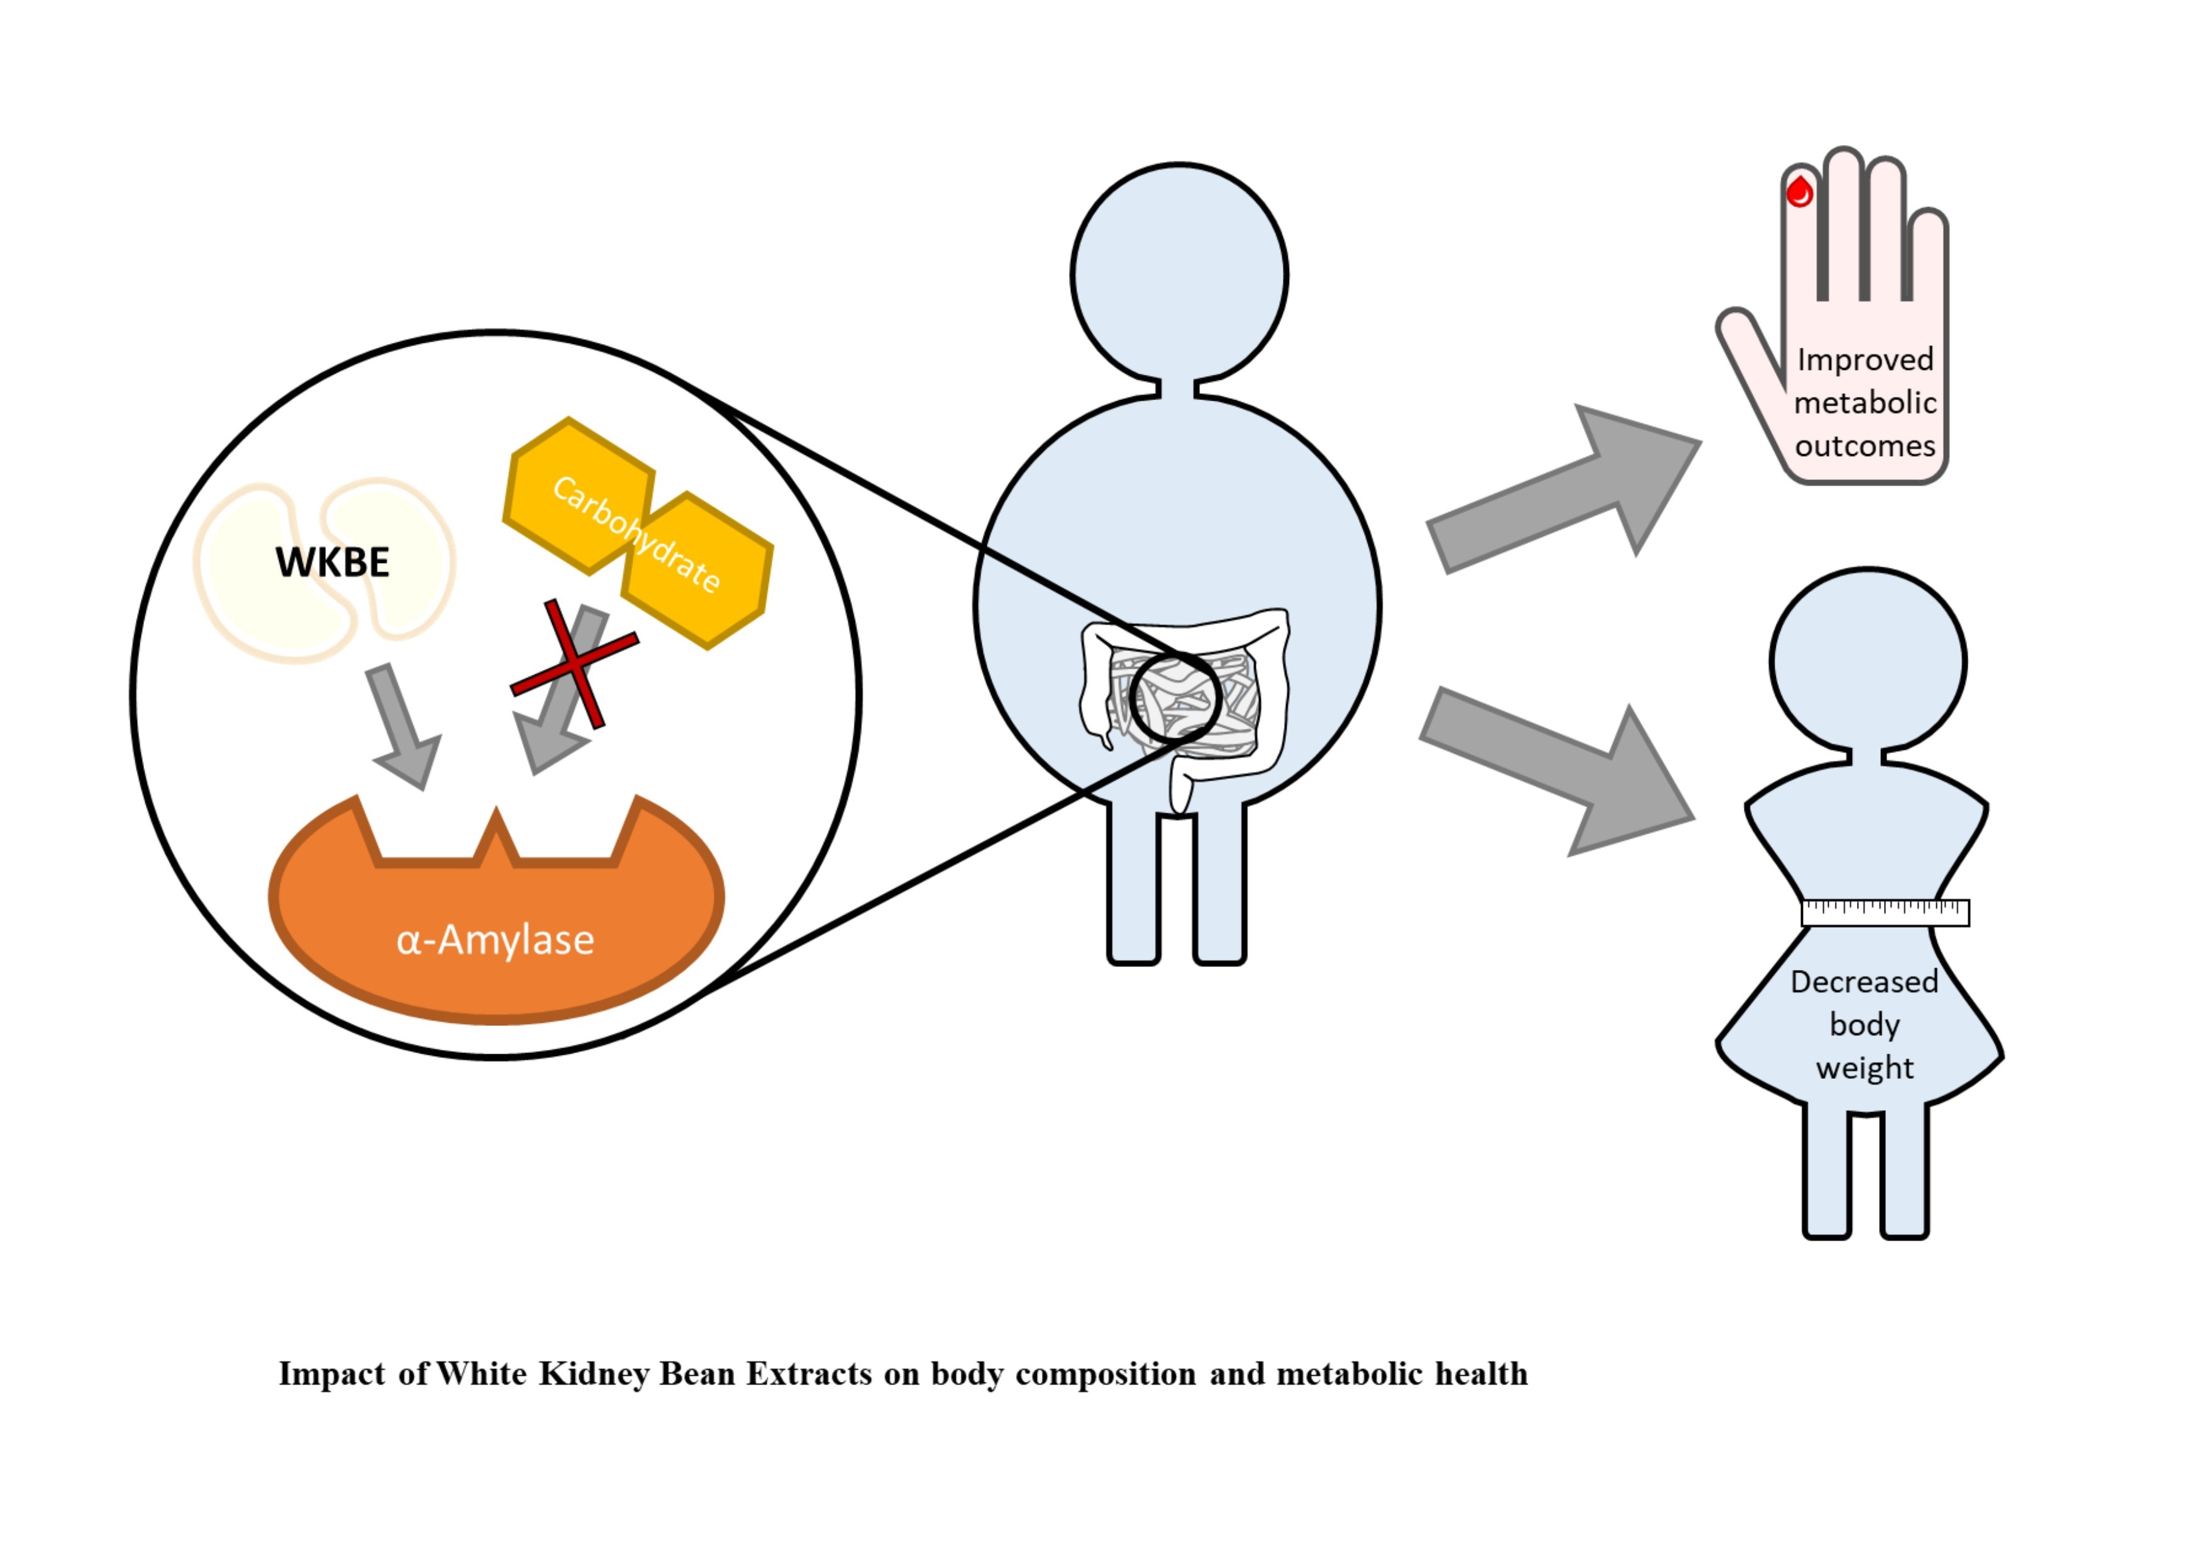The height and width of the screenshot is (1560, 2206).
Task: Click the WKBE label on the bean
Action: (x=333, y=562)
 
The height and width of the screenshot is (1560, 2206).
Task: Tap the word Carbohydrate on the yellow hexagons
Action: (x=636, y=535)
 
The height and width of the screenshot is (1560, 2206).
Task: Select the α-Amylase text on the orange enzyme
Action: (x=495, y=939)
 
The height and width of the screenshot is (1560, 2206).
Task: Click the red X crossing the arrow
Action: (x=575, y=663)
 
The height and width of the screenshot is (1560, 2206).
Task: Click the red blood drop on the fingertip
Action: (x=1800, y=192)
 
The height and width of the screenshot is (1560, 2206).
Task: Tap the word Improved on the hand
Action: (x=1865, y=359)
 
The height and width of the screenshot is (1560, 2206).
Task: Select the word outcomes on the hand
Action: (x=1865, y=446)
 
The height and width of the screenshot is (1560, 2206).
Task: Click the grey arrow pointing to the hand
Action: (x=1566, y=490)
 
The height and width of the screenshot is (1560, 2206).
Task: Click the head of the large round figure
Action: (x=1179, y=274)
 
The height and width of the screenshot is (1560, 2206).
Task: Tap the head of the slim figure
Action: (x=1868, y=661)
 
